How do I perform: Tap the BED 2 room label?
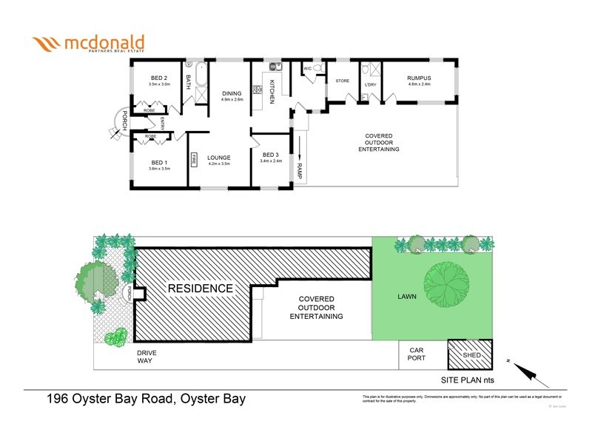click(x=159, y=78)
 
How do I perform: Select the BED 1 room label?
click(x=160, y=163)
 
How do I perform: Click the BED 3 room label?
click(x=272, y=155)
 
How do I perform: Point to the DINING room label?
click(x=232, y=93)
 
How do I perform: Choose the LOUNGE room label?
click(x=219, y=157)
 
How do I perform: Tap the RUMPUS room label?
click(x=419, y=78)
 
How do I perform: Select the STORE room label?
click(x=343, y=81)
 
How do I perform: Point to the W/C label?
click(x=306, y=69)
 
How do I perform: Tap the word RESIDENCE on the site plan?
click(x=199, y=288)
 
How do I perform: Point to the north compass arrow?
click(x=529, y=371)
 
